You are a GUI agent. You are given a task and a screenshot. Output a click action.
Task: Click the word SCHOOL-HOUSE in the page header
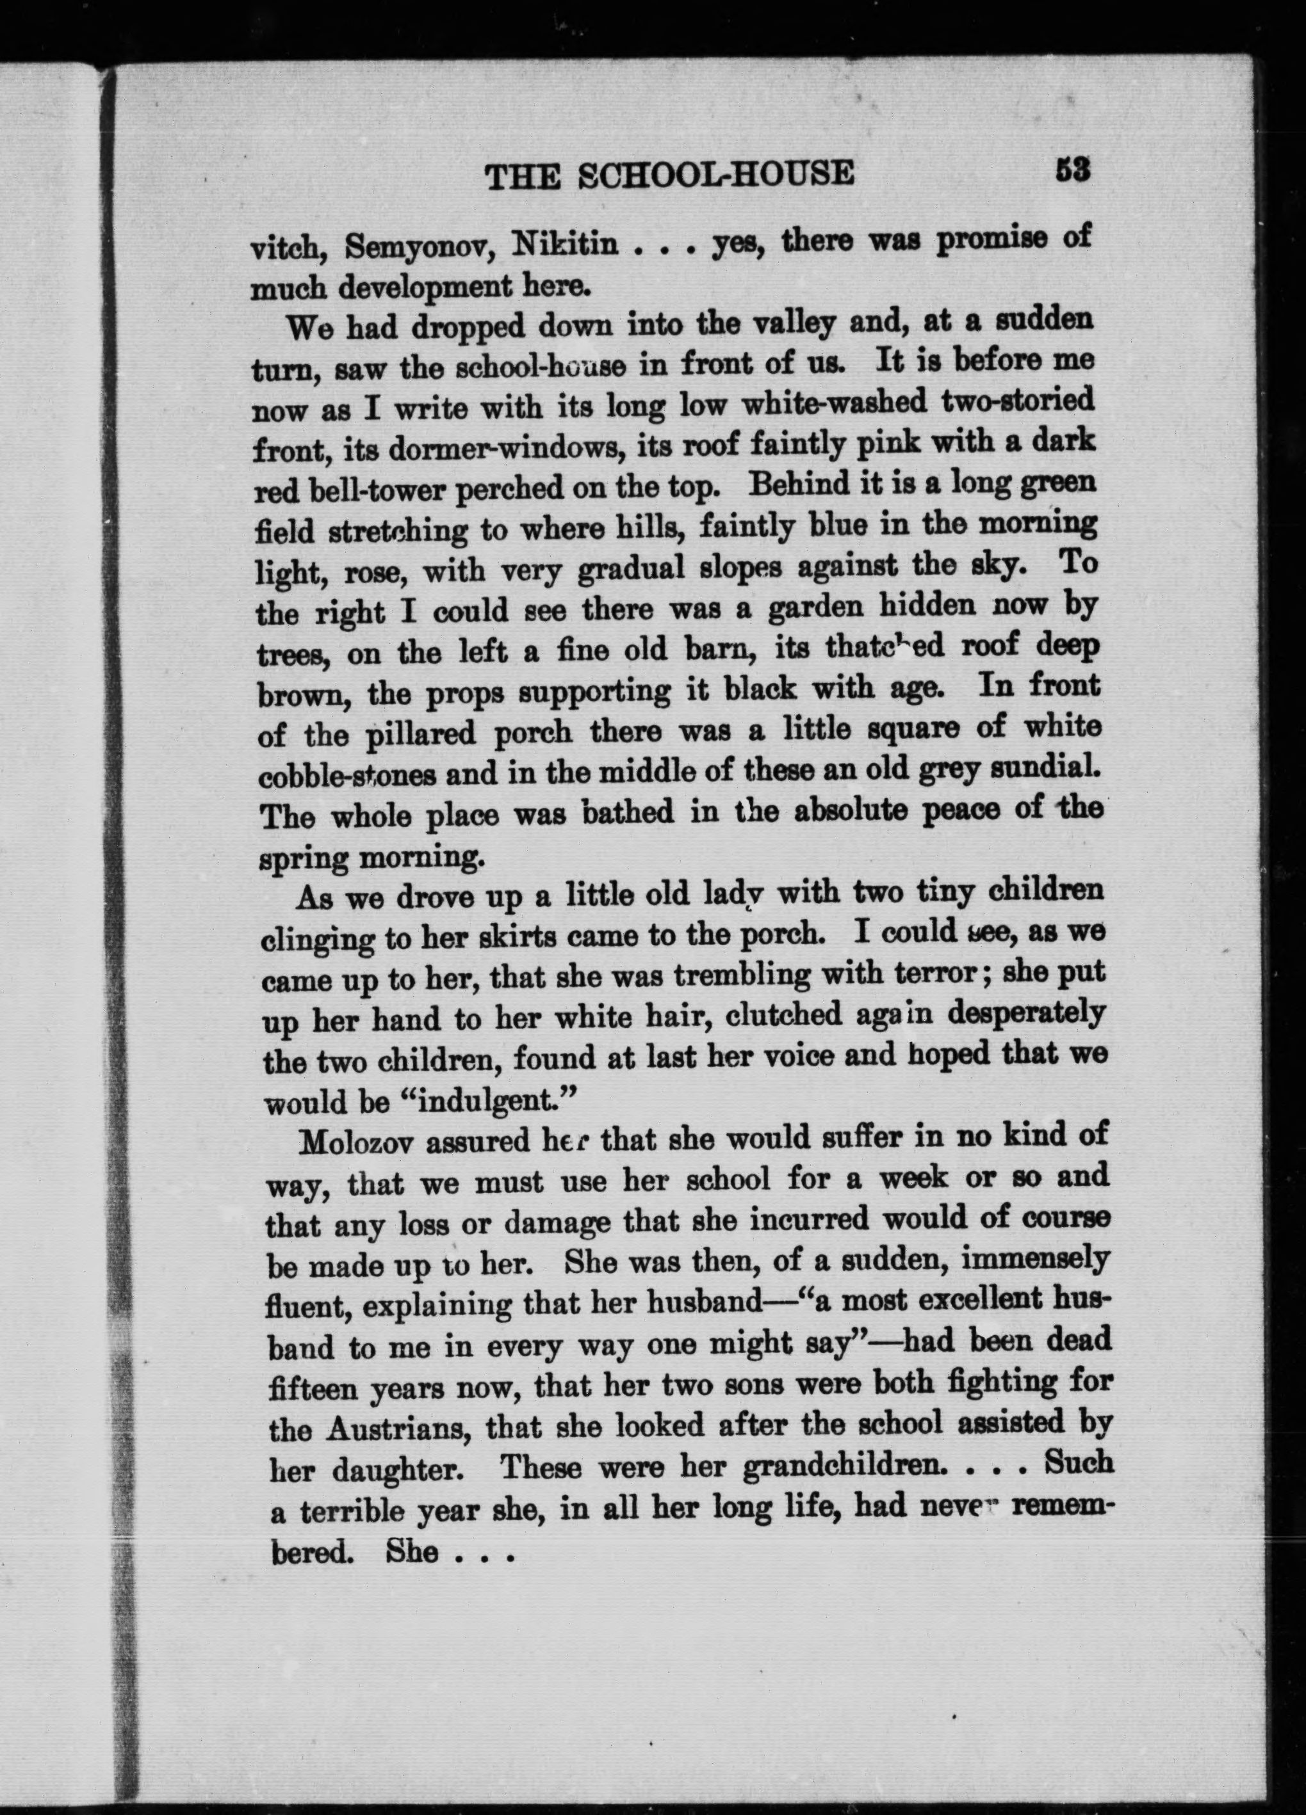[x=716, y=175]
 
